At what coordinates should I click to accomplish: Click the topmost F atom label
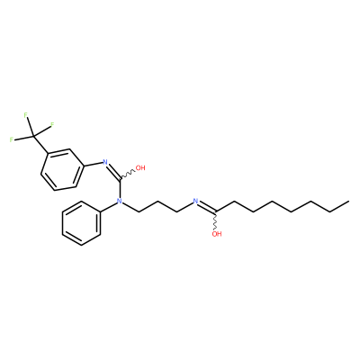pyautogui.click(x=26, y=114)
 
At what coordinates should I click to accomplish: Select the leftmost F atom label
pyautogui.click(x=12, y=139)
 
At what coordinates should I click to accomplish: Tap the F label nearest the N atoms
pyautogui.click(x=52, y=124)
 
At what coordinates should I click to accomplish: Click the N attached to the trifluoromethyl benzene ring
pyautogui.click(x=105, y=162)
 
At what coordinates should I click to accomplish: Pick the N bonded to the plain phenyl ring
pyautogui.click(x=120, y=201)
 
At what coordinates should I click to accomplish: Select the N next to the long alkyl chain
pyautogui.click(x=195, y=201)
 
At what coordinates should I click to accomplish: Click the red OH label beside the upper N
pyautogui.click(x=140, y=167)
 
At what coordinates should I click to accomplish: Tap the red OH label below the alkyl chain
pyautogui.click(x=217, y=234)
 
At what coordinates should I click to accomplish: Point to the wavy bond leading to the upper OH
pyautogui.click(x=127, y=175)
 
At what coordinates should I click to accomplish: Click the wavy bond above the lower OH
pyautogui.click(x=216, y=221)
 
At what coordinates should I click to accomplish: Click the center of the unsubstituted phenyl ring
pyautogui.click(x=81, y=224)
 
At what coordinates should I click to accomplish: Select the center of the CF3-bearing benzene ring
pyautogui.click(x=62, y=169)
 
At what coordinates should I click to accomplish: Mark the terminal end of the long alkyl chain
pyautogui.click(x=349, y=202)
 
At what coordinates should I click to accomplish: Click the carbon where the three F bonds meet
pyautogui.click(x=33, y=137)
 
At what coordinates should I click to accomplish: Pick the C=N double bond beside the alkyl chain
pyautogui.click(x=206, y=207)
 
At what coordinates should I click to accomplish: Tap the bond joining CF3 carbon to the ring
pyautogui.click(x=40, y=146)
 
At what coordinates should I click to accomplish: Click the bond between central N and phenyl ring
pyautogui.click(x=109, y=207)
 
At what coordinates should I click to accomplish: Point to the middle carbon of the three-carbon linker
pyautogui.click(x=158, y=202)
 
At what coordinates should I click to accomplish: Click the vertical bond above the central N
pyautogui.click(x=120, y=189)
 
